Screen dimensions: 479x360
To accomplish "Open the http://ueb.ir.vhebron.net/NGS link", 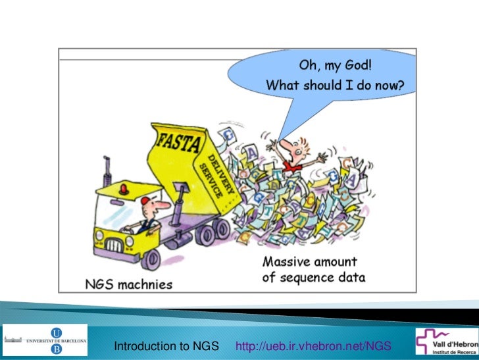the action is point(313,346).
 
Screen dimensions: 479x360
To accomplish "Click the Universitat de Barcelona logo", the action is point(44,342).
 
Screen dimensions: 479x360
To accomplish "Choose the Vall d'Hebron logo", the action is point(446,342).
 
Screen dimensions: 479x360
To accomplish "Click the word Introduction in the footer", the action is point(145,346).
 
